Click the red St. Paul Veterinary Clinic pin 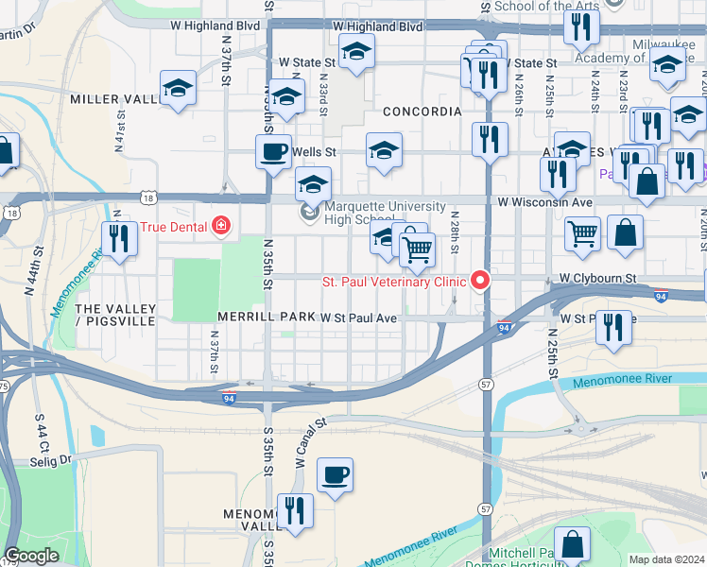[x=481, y=281]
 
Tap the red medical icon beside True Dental [x=221, y=226]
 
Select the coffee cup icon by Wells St [x=273, y=151]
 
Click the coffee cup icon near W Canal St [x=334, y=474]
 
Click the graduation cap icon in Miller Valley [x=177, y=89]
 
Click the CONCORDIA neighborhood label [x=422, y=112]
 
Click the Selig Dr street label [x=52, y=460]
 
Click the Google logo [x=31, y=556]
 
